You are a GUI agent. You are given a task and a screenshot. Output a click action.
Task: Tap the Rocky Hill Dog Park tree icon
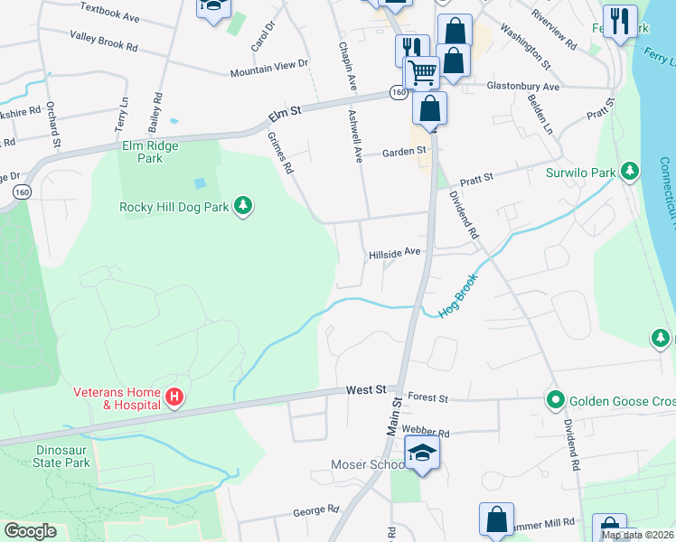(x=242, y=207)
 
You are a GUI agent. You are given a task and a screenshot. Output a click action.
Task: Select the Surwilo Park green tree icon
(x=630, y=172)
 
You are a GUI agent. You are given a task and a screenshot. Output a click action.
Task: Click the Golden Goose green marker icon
(x=553, y=399)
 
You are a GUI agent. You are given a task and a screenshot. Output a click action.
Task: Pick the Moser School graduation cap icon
(x=421, y=453)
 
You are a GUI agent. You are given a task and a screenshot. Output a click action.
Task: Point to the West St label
(x=366, y=390)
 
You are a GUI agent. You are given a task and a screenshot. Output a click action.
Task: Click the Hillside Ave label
(x=395, y=254)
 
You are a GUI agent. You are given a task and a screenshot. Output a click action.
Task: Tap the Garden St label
(x=403, y=152)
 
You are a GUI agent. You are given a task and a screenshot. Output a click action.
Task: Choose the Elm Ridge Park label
(x=150, y=152)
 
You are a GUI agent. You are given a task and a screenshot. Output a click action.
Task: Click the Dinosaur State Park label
(x=51, y=456)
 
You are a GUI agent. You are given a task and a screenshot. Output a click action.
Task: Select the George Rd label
(x=315, y=511)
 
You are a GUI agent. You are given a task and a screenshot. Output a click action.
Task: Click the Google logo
(x=30, y=530)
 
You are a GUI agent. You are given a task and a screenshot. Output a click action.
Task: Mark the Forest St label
(x=428, y=397)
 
